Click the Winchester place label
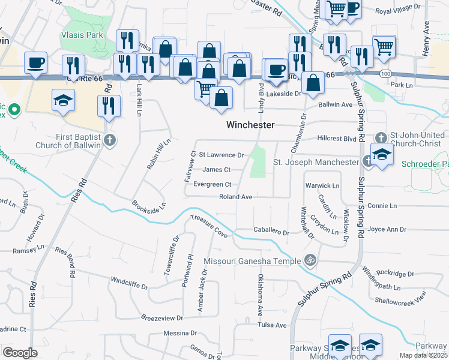coord(250,125)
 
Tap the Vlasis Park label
coord(82,35)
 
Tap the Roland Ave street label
coord(235,196)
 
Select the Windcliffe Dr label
coord(129,281)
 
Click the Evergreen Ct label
coord(212,184)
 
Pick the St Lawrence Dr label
coord(221,155)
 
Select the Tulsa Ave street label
coord(273,325)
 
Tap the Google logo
coord(20,353)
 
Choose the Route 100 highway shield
coord(384,73)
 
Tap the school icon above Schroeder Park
coord(382,153)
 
